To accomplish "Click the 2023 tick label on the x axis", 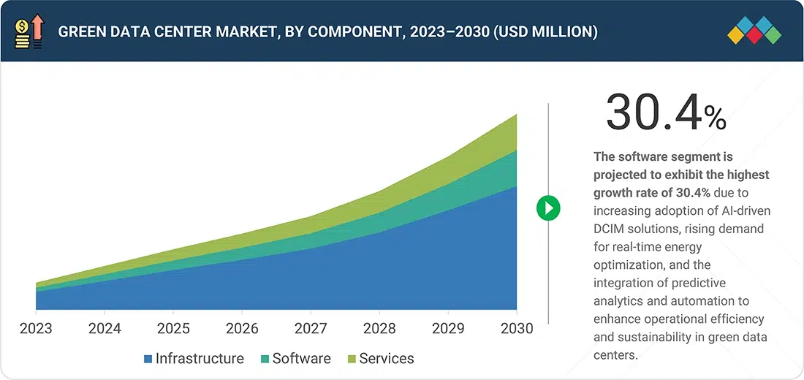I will click(x=36, y=328).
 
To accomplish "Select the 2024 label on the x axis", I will click(x=105, y=328).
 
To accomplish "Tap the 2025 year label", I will click(x=173, y=328).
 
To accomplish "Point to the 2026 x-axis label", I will click(x=242, y=328).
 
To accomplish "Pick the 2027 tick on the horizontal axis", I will click(x=311, y=328).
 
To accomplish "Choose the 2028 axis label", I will click(x=379, y=328).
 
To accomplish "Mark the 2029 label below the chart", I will click(x=448, y=328).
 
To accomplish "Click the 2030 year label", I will click(x=516, y=328).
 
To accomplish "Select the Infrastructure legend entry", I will click(x=200, y=359).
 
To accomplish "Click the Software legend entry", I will click(x=301, y=359).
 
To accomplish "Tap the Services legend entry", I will click(x=386, y=359).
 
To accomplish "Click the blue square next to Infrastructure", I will click(x=148, y=359).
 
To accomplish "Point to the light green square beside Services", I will click(x=352, y=359).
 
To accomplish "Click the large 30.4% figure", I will click(x=666, y=113).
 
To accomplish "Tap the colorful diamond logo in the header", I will click(x=754, y=31).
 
